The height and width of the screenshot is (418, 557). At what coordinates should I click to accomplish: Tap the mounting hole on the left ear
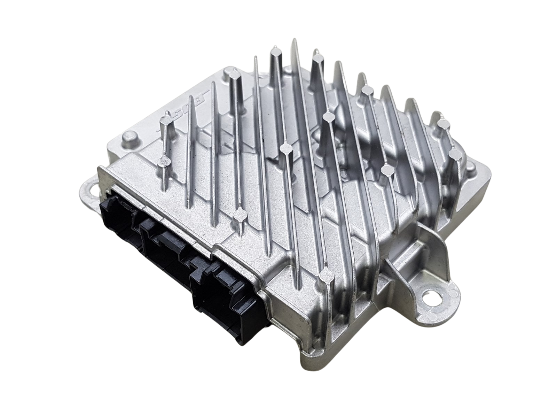pyautogui.click(x=94, y=190)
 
